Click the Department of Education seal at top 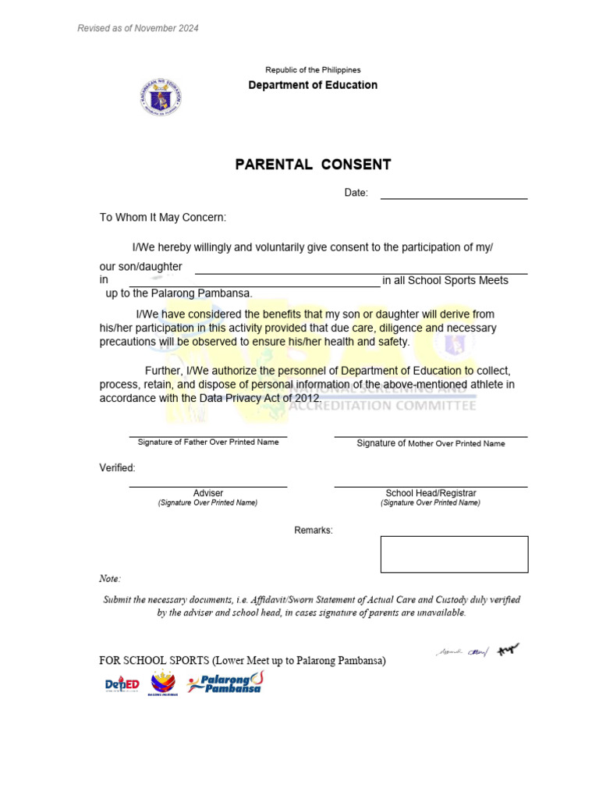pos(161,98)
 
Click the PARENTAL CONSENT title pos(313,165)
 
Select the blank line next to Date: pos(453,197)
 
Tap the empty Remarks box pos(454,554)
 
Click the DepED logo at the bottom pos(122,684)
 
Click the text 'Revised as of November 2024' pos(138,28)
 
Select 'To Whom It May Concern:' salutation pos(162,218)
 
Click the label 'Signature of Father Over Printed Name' pos(207,442)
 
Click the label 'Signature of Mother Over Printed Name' pos(431,443)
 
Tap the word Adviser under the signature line pos(208,493)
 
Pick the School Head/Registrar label pos(431,493)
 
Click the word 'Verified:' pos(117,468)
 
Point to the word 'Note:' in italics pos(110,579)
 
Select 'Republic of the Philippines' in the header pos(313,70)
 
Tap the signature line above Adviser pos(207,487)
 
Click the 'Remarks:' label pos(313,531)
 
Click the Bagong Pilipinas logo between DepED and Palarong pos(163,683)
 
